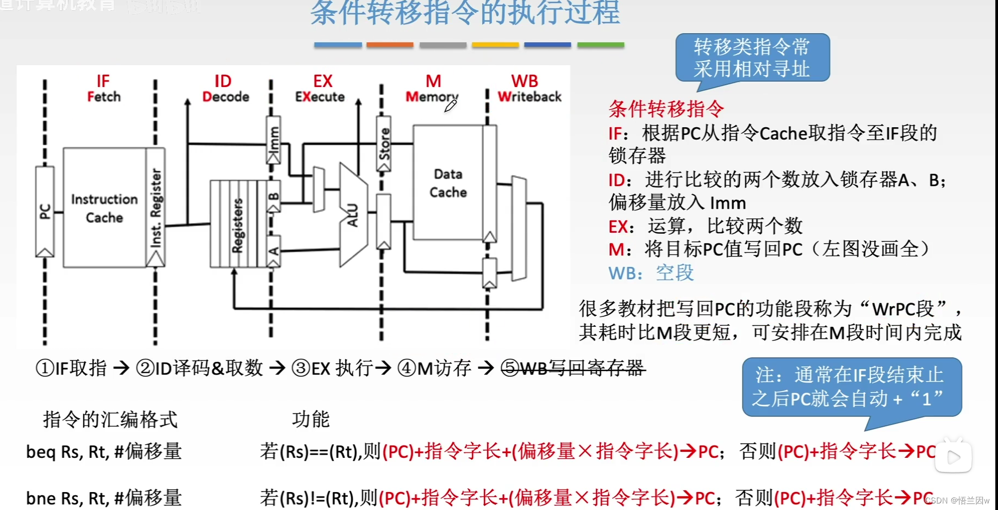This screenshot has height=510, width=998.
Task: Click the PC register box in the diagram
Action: tap(45, 211)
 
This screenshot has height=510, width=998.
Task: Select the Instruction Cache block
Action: tap(104, 208)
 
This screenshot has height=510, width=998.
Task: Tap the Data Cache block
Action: tap(448, 183)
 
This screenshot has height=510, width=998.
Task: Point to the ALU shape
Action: tap(353, 215)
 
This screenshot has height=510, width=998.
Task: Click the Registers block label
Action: tap(238, 225)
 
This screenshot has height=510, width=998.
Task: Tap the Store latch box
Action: tap(384, 144)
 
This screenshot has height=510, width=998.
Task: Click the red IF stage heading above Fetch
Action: tap(103, 82)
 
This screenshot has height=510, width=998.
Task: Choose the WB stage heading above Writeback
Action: tap(525, 82)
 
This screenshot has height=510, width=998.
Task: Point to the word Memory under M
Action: tap(432, 97)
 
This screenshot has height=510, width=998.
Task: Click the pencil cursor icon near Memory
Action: tap(450, 105)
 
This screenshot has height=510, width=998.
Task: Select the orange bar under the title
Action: tap(390, 45)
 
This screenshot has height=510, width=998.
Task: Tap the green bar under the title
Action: tap(601, 45)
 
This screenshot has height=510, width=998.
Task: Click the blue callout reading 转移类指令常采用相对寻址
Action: tap(752, 58)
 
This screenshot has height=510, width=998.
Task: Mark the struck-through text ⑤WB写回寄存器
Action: tap(573, 368)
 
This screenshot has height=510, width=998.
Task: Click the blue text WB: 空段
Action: tap(651, 272)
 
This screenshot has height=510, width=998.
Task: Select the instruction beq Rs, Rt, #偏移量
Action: tap(104, 451)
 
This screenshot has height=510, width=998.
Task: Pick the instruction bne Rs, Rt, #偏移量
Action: tap(104, 497)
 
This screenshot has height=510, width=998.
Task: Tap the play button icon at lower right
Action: tap(953, 457)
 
